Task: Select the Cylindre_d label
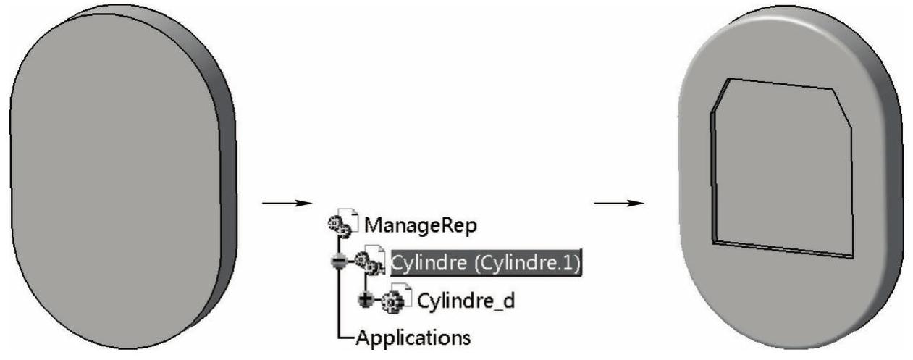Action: (x=465, y=301)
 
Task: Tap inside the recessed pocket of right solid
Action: (x=782, y=167)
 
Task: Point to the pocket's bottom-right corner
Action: (x=854, y=256)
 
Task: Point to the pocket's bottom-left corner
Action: (x=714, y=243)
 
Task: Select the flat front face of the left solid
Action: (x=112, y=181)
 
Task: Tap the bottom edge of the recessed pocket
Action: (x=782, y=250)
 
